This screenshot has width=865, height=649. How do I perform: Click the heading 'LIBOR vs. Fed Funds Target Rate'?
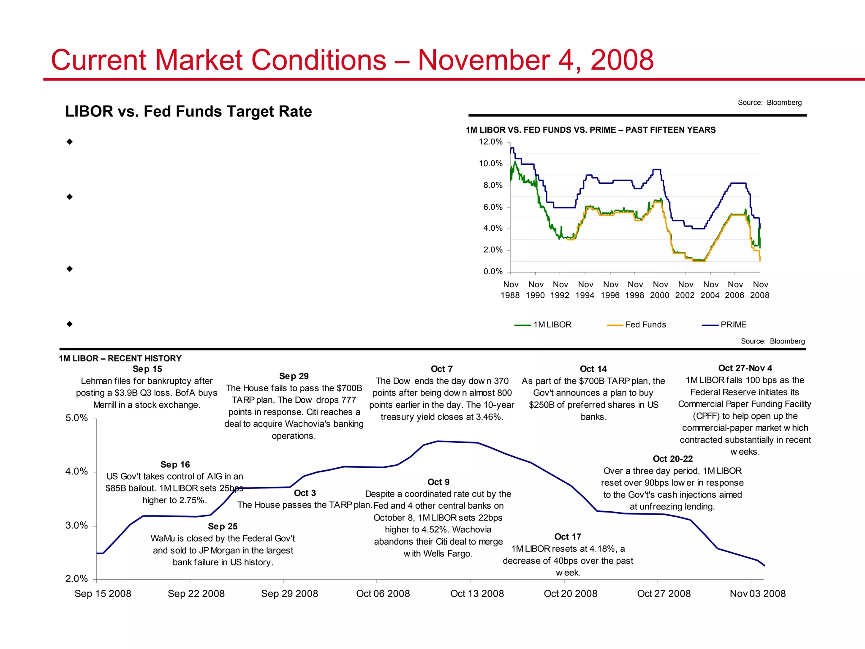(188, 112)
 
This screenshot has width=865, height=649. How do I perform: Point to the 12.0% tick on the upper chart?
(490, 142)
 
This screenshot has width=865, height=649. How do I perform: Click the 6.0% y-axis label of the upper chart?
(492, 207)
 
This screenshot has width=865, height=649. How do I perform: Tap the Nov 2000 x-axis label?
(660, 290)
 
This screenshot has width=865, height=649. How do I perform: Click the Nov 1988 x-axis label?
(510, 290)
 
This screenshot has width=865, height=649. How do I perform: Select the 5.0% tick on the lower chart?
(77, 418)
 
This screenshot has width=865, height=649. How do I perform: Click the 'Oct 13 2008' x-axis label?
(477, 594)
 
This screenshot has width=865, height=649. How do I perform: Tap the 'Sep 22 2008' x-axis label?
(196, 594)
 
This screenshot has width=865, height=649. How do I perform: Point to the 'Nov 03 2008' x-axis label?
(758, 594)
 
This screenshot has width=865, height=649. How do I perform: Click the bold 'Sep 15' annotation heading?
(147, 369)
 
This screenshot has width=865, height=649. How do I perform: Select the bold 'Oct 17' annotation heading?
(568, 537)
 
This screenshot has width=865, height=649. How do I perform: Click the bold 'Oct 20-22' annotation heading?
(672, 459)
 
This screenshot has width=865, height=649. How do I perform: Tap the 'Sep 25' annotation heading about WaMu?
(223, 526)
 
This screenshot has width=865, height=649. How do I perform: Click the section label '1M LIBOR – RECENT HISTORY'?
(120, 358)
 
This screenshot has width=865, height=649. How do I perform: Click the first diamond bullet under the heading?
(70, 142)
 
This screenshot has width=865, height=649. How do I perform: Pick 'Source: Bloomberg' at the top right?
(769, 102)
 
